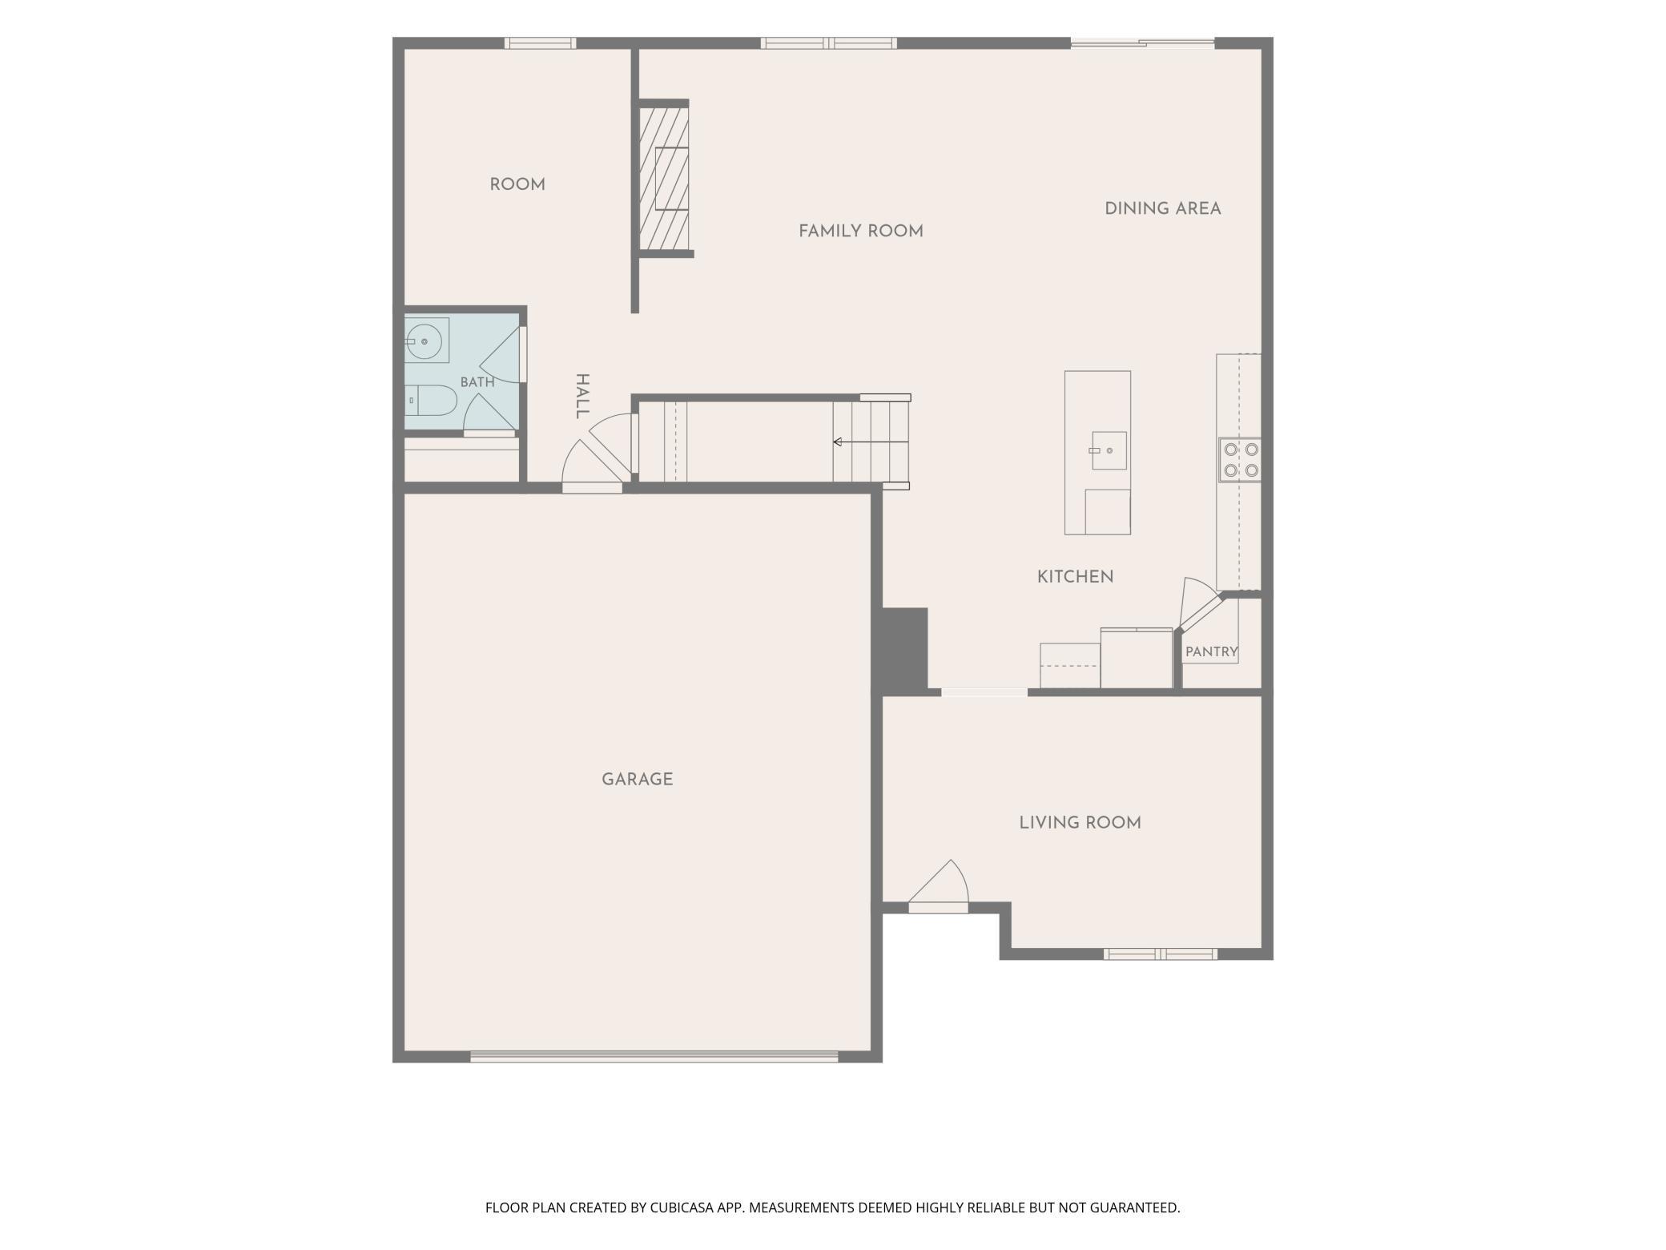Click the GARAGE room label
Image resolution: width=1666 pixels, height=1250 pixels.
tap(637, 779)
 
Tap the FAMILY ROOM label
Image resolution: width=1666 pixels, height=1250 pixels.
tap(861, 231)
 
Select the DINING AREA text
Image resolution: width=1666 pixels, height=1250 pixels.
tap(1163, 208)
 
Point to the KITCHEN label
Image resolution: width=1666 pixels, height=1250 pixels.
tap(1075, 576)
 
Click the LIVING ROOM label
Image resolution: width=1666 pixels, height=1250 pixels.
tap(1080, 822)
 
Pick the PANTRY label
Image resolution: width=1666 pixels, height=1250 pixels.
tap(1211, 651)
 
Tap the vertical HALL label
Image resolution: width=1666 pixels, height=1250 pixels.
tap(582, 396)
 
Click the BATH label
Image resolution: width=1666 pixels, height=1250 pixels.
tap(477, 382)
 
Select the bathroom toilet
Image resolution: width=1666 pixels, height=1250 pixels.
tap(430, 400)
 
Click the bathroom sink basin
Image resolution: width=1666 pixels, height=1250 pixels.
tap(425, 341)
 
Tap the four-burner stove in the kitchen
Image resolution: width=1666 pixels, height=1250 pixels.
tap(1240, 460)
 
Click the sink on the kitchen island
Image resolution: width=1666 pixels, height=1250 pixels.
tap(1109, 450)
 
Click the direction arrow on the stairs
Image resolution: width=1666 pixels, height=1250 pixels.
tap(871, 442)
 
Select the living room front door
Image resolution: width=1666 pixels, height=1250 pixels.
tap(938, 887)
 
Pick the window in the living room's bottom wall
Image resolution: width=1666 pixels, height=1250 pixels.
tap(1161, 954)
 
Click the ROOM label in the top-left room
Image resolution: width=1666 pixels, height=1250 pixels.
tap(517, 184)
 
